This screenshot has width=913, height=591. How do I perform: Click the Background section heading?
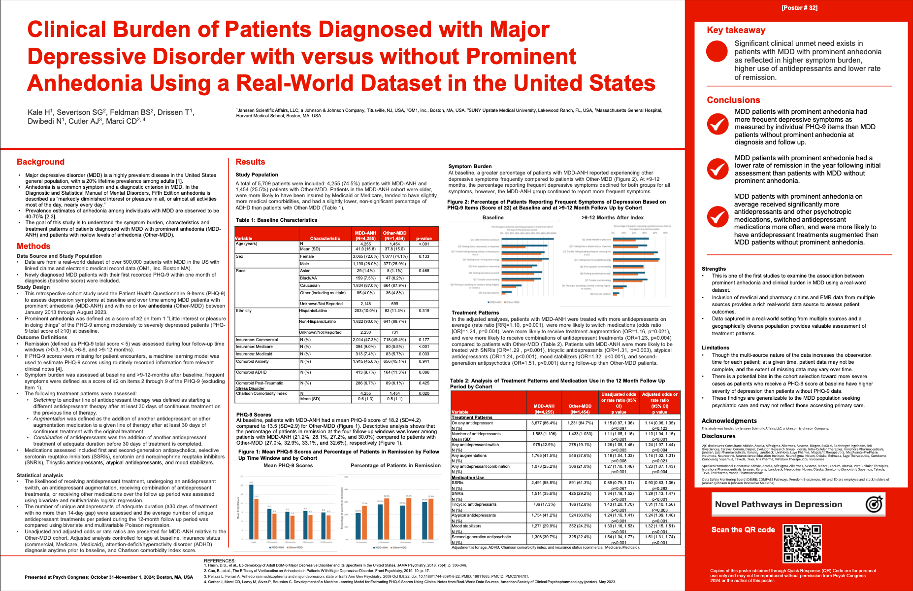(40, 162)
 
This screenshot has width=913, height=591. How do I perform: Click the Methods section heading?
(33, 246)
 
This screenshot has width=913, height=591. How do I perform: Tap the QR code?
(802, 544)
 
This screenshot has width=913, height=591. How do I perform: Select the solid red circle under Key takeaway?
(717, 52)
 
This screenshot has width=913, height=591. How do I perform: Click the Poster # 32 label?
(799, 8)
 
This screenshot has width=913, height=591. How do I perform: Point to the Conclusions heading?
(733, 100)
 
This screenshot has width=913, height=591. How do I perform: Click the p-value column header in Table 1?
(424, 238)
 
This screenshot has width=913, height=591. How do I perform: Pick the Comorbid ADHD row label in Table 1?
(251, 372)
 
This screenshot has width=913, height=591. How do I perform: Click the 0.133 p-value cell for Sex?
(424, 256)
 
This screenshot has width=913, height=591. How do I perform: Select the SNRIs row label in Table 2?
(458, 493)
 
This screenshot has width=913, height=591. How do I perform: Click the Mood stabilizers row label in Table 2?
(466, 526)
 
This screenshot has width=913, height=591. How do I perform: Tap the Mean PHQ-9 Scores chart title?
(288, 465)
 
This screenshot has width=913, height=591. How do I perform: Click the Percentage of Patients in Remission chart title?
(395, 465)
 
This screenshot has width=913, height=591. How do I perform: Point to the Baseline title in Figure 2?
(493, 217)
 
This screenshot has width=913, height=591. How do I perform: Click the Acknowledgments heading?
(729, 420)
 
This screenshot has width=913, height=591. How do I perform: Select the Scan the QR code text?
(743, 530)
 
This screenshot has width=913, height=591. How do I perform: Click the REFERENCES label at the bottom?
(220, 560)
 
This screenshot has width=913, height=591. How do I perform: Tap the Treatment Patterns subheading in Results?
(475, 313)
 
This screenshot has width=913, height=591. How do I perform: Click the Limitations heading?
(715, 348)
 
